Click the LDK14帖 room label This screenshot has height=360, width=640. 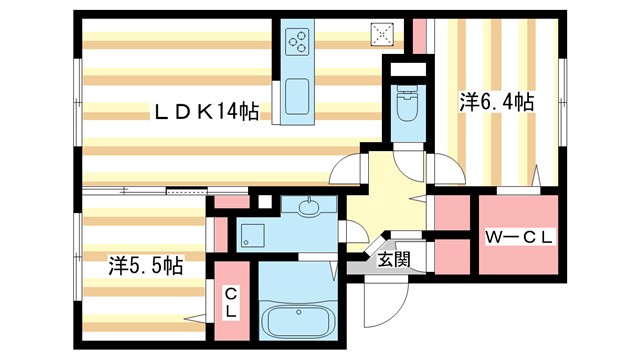tap(205, 111)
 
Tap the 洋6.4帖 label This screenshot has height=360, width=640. tap(495, 102)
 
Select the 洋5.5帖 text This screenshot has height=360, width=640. tap(145, 266)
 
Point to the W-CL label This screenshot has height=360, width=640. tap(518, 238)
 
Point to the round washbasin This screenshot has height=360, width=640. tap(307, 208)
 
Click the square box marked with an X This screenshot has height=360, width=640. tap(384, 34)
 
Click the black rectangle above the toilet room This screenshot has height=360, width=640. tap(407, 69)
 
